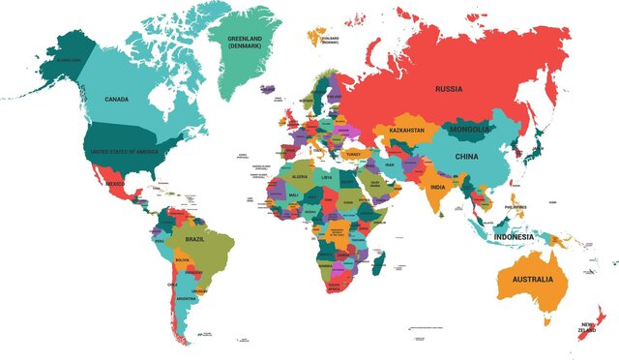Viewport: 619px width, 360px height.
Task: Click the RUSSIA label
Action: pos(449,89)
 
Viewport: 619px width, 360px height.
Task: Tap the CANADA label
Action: pos(117,99)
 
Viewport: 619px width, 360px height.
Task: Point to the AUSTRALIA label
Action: pos(526,280)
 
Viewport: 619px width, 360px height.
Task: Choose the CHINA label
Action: pos(468,155)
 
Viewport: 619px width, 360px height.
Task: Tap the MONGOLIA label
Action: pos(469,129)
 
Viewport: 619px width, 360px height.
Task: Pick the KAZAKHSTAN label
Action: pos(408,131)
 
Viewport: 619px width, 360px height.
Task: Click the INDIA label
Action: pos(438,187)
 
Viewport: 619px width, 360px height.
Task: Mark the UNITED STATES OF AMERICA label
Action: pos(123,153)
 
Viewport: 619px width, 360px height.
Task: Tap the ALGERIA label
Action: pos(299,177)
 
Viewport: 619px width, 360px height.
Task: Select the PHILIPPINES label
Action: pos(516,206)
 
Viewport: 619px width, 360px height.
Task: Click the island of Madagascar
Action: pos(377,261)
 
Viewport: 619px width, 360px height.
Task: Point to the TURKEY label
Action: pos(353,153)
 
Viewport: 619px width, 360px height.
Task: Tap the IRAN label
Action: pos(390,165)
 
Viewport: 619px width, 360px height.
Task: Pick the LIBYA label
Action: pos(328,178)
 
